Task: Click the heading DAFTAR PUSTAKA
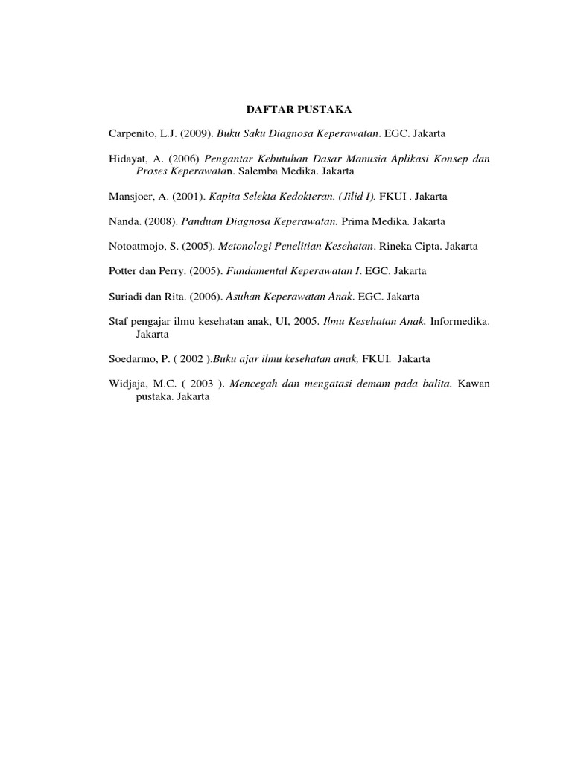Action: pyautogui.click(x=298, y=110)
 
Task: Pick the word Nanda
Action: pyautogui.click(x=123, y=221)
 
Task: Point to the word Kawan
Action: pyautogui.click(x=474, y=384)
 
